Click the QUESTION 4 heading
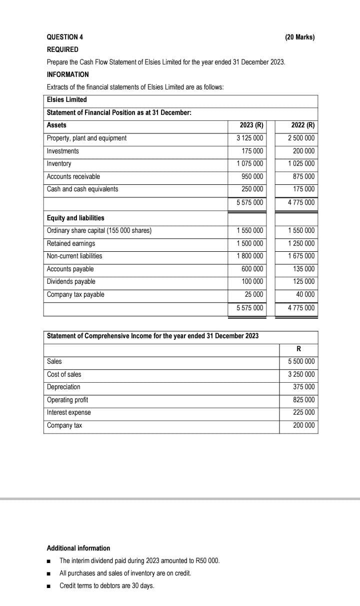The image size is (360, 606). [x=65, y=37]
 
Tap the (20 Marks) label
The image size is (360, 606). [x=300, y=37]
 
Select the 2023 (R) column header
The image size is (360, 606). [x=251, y=125]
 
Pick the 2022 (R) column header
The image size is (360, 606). [x=302, y=125]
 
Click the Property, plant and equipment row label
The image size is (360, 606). [x=86, y=138]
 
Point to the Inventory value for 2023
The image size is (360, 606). [x=250, y=164]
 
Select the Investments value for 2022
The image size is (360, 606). [x=303, y=151]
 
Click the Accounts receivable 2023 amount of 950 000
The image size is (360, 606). [x=252, y=176]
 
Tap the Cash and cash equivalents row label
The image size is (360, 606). [x=82, y=189]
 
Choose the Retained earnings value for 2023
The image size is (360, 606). [x=250, y=243]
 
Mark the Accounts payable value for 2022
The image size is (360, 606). [x=303, y=269]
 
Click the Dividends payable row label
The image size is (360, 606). [x=71, y=282]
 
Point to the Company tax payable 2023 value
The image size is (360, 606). [x=254, y=294]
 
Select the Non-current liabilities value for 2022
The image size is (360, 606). [x=301, y=256]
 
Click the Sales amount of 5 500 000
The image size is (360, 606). [x=301, y=361]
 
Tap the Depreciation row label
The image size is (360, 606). [x=63, y=387]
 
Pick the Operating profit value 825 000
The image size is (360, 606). [x=303, y=400]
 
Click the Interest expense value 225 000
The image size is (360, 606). [x=303, y=413]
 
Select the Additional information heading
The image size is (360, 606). [x=78, y=548]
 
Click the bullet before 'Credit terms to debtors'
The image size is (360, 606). [x=48, y=586]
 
